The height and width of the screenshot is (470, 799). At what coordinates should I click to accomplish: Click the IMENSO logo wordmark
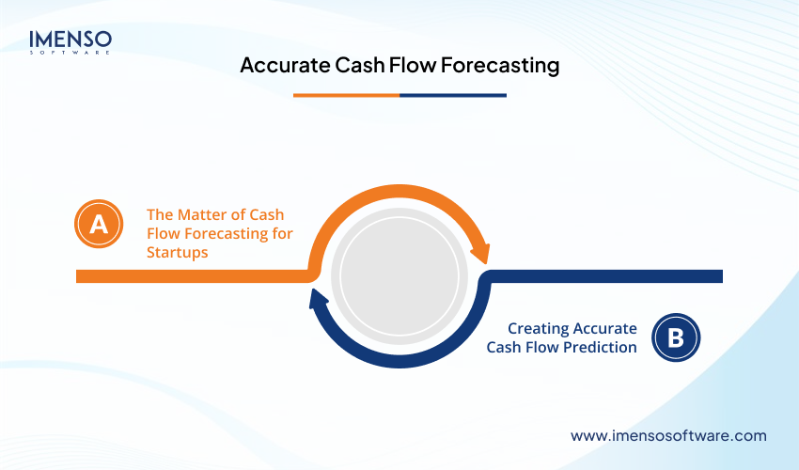[70, 39]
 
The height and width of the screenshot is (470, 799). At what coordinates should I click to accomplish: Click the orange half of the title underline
[346, 95]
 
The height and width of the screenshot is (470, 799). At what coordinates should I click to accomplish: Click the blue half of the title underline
[453, 95]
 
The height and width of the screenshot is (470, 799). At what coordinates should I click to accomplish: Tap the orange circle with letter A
[99, 224]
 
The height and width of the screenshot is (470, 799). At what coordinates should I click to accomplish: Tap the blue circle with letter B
[676, 337]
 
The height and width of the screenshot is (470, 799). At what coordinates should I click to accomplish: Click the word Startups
[177, 253]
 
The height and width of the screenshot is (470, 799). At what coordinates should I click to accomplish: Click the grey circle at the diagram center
[399, 277]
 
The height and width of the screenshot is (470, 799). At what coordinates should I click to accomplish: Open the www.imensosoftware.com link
[668, 436]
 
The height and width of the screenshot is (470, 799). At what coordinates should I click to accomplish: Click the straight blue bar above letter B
[611, 276]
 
